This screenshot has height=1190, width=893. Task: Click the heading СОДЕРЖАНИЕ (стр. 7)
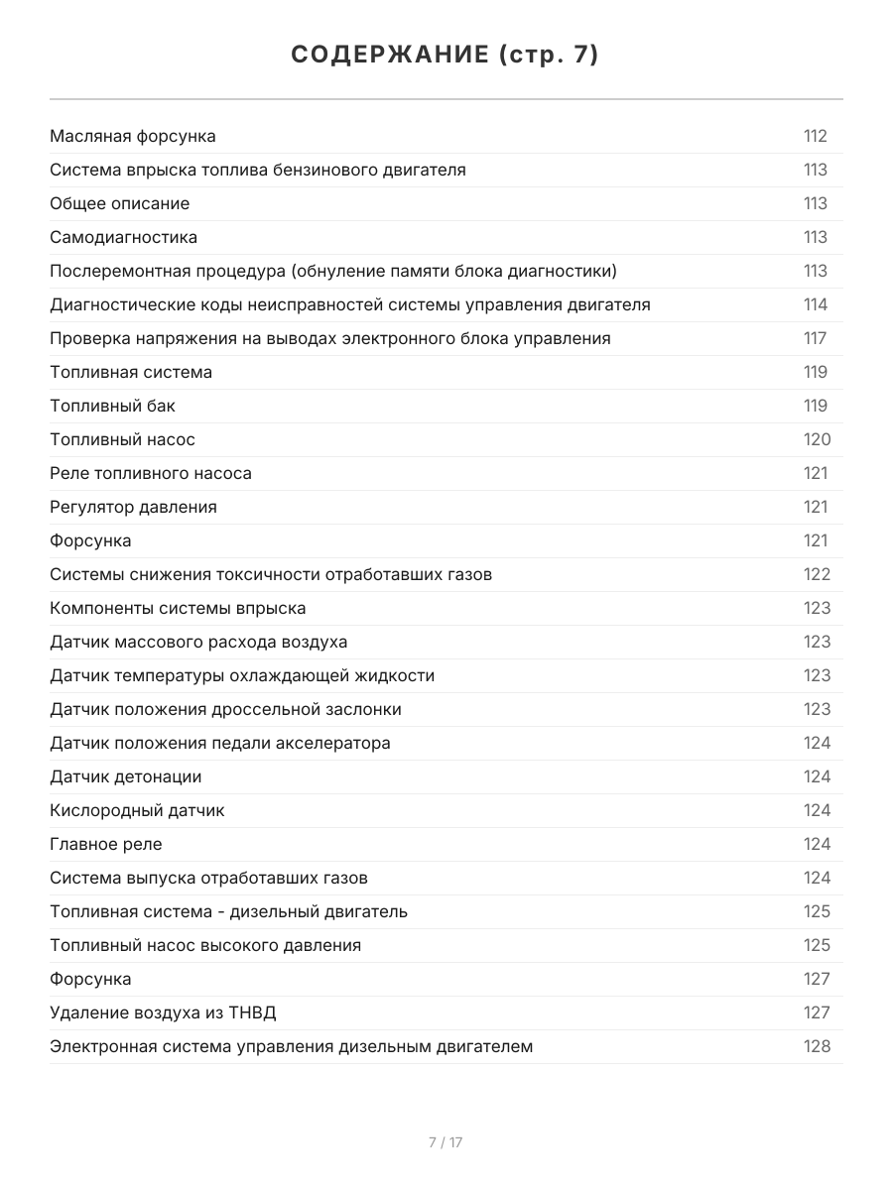tap(446, 56)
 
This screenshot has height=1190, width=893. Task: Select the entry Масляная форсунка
tap(133, 136)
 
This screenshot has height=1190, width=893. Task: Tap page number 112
tap(816, 136)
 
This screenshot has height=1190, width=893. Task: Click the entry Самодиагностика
tap(124, 237)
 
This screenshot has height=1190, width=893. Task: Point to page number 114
tap(816, 304)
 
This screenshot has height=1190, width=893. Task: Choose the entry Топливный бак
tap(113, 406)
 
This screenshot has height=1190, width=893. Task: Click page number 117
tap(816, 338)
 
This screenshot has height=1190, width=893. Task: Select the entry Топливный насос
tap(123, 439)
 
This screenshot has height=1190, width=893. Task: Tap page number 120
tap(817, 439)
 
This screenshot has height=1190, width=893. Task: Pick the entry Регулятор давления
tap(133, 507)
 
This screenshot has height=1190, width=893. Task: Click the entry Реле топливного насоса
tap(151, 473)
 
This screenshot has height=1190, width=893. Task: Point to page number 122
tap(817, 574)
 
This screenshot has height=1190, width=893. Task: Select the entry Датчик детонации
tap(126, 776)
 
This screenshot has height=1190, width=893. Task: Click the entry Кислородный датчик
tap(137, 810)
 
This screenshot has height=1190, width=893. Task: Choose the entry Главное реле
tap(106, 844)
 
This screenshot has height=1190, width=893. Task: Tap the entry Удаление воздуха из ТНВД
tap(163, 1012)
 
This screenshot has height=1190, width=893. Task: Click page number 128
tap(817, 1046)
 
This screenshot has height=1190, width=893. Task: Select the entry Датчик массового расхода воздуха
tap(198, 642)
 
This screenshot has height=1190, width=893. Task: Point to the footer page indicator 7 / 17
tap(446, 1142)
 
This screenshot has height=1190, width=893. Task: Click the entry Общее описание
tap(120, 203)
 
